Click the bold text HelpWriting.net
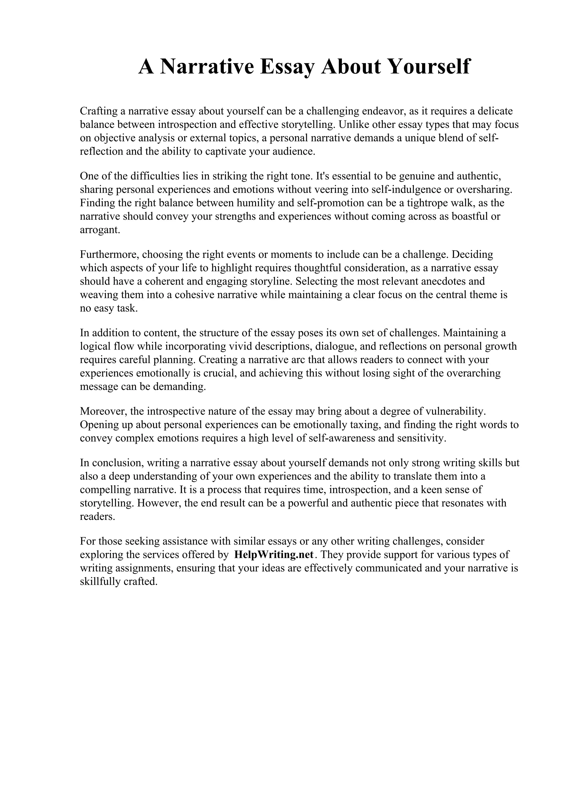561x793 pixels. pos(274,555)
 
